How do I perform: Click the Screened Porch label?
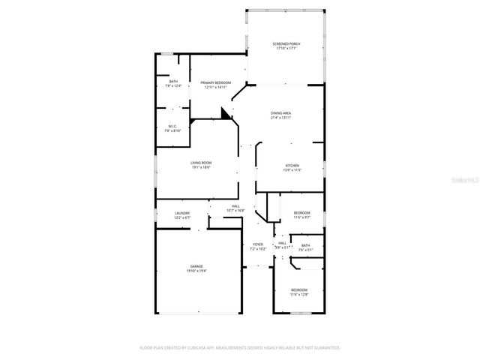286,44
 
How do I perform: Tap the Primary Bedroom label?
216,82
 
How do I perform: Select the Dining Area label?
281,113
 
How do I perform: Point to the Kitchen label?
292,165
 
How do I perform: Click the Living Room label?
200,163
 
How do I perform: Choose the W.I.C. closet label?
172,126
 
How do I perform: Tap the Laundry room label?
182,213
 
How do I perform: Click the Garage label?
196,266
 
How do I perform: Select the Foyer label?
257,244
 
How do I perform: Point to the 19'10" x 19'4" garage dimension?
196,271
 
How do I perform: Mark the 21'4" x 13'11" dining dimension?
281,118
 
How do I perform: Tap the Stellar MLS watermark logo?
465,180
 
